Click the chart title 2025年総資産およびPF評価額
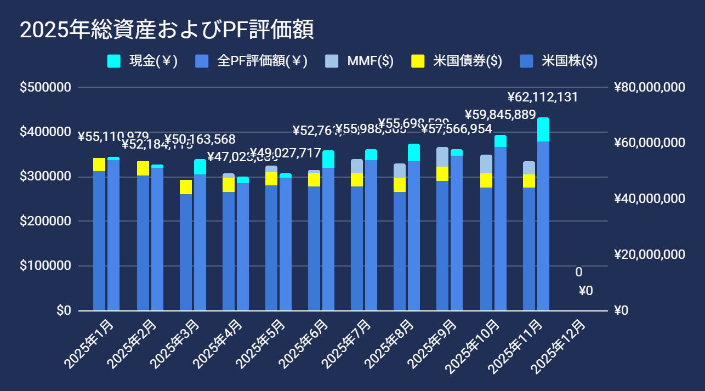167,31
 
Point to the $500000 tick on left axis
45,88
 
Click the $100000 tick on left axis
45,266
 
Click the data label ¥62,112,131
543,98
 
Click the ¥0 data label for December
585,291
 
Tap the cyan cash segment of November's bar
543,129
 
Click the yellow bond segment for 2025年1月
99,165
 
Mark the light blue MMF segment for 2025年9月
442,157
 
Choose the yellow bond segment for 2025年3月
186,187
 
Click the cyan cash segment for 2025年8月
414,152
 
